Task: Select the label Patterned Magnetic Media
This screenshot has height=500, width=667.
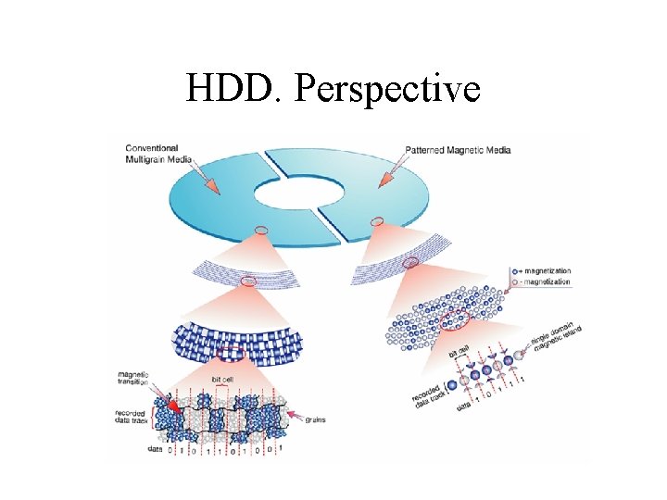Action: pos(458,149)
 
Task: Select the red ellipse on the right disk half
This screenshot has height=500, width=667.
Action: pos(376,220)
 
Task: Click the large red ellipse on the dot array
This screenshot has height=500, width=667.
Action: pos(459,321)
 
